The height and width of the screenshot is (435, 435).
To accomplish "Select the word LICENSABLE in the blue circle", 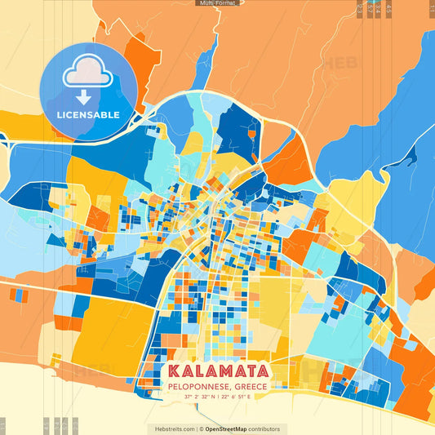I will (88, 115).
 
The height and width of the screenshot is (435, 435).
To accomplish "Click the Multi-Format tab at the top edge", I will (216, 3).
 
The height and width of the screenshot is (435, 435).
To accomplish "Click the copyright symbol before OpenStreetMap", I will (201, 428).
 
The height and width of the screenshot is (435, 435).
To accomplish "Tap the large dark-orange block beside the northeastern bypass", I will (286, 167).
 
